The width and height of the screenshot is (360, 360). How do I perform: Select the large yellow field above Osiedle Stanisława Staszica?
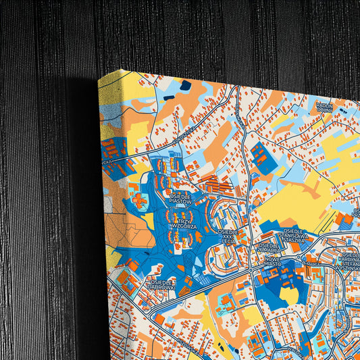point(297,199)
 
